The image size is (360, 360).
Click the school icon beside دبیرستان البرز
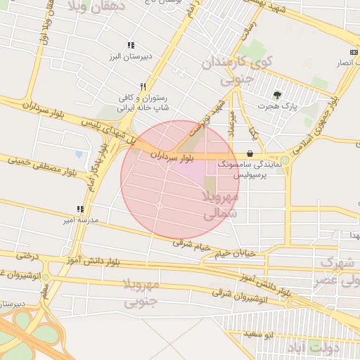(x=130, y=45)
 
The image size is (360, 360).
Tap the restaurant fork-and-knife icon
(x=143, y=86)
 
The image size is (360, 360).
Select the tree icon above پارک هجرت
(x=278, y=94)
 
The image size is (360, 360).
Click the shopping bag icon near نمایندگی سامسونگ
(x=250, y=154)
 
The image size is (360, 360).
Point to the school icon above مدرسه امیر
(x=80, y=209)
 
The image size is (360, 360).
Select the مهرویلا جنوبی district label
(x=143, y=293)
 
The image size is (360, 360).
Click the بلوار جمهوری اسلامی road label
(x=325, y=112)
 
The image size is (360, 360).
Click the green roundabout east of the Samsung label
(x=285, y=160)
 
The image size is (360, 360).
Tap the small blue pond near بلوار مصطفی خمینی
(x=78, y=155)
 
